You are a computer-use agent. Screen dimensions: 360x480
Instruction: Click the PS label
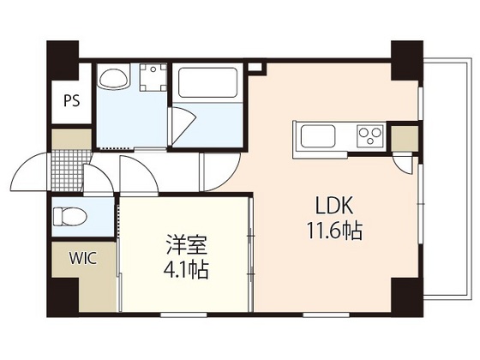[x=70, y=99]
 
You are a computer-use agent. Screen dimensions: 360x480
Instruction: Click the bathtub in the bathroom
[x=207, y=84]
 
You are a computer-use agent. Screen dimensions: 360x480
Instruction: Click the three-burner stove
[x=370, y=135]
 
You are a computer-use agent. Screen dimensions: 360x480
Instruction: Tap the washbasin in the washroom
[x=111, y=80]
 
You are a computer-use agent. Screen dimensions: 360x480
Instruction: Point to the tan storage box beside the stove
[x=405, y=136]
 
